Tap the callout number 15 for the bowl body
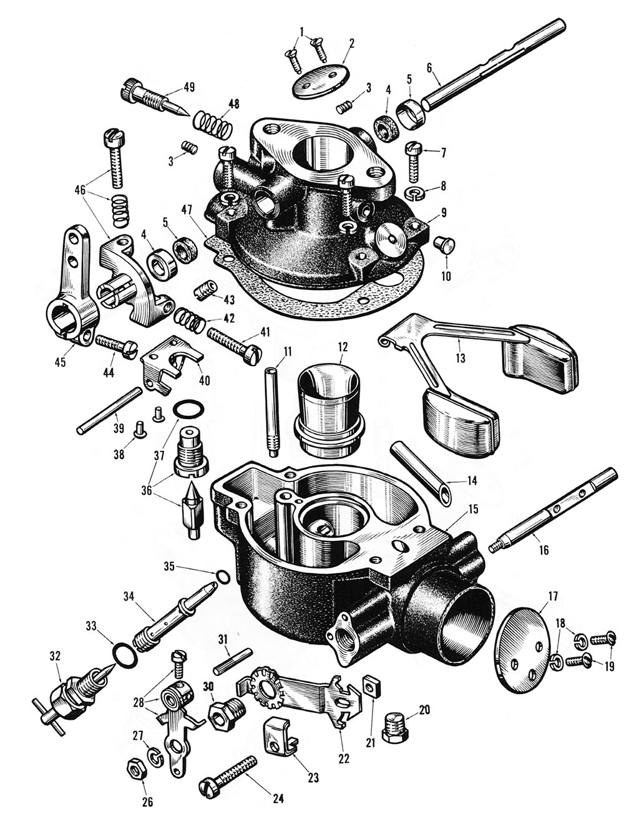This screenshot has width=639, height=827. click(473, 509)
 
